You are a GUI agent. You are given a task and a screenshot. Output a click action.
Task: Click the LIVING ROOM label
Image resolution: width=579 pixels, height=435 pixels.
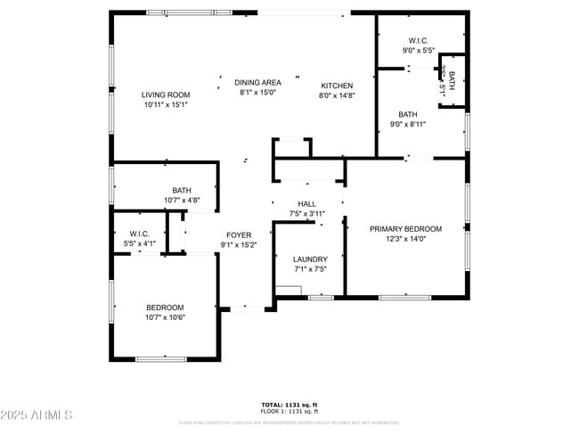[166, 94]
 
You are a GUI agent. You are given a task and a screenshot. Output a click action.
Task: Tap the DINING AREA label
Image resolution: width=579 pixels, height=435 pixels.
[258, 83]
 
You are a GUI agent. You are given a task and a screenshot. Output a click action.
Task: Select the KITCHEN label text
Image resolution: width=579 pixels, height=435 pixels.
[338, 86]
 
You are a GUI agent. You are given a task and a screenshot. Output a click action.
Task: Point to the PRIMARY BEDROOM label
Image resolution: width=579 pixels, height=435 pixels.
[405, 229]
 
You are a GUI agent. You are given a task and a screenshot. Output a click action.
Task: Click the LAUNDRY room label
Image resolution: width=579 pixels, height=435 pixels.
[310, 259]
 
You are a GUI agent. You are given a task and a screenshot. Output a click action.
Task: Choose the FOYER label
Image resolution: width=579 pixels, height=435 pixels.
[239, 235]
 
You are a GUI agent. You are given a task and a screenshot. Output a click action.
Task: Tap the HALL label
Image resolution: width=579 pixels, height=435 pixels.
[307, 204]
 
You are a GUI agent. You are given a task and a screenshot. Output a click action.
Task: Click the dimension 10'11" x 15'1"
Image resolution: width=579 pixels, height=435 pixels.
[166, 104]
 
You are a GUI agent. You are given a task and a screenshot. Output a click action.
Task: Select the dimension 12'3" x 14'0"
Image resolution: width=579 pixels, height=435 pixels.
[405, 239]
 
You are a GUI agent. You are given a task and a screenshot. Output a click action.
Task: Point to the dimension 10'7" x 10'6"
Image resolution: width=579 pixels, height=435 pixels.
[165, 317]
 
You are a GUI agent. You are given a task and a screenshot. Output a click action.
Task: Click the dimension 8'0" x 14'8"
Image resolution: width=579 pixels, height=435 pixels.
[338, 95]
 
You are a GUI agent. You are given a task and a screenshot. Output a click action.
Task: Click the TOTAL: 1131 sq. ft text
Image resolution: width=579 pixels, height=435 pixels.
[289, 405]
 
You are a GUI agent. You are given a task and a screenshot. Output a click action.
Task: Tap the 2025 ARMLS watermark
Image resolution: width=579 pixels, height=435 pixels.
[37, 415]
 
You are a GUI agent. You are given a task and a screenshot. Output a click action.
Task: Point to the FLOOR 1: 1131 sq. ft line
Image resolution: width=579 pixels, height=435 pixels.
[289, 411]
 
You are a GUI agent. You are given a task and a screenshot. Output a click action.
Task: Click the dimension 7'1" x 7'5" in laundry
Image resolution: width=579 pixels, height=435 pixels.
[310, 269]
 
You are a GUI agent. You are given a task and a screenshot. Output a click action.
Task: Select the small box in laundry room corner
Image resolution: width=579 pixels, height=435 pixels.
[288, 290]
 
